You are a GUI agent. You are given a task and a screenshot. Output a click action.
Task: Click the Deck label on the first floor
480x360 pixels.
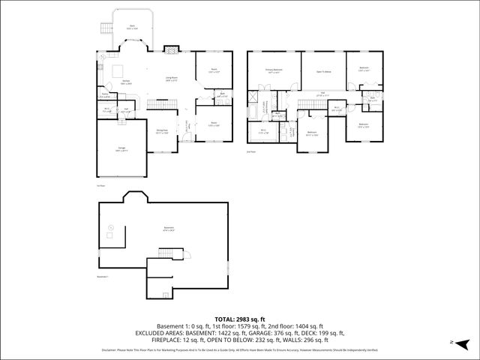(132, 26)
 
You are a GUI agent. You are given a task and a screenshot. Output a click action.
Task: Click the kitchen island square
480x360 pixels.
(118, 71)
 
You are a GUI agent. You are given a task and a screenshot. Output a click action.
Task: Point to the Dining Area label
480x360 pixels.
(161, 132)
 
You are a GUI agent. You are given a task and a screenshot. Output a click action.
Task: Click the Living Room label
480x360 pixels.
(171, 77)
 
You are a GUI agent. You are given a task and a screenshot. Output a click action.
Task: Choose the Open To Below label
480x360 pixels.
(322, 70)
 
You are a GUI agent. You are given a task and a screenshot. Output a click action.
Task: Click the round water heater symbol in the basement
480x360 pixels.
(111, 226)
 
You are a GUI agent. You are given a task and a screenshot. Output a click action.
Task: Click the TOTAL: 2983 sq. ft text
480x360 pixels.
(239, 319)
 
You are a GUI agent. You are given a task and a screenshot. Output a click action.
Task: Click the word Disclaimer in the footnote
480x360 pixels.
(110, 349)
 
